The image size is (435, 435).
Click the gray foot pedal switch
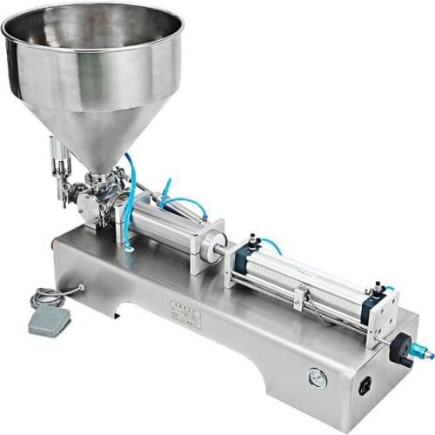coord(49,321)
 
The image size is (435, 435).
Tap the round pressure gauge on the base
coord(318,378)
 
